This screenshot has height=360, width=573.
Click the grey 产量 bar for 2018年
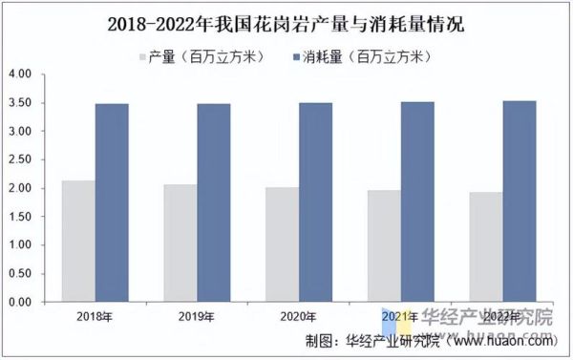click(78, 241)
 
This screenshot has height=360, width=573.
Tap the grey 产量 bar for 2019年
click(180, 243)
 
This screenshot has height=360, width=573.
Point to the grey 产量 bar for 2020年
click(282, 244)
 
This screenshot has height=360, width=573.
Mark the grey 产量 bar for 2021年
click(384, 245)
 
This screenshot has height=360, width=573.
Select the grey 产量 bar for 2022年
click(486, 246)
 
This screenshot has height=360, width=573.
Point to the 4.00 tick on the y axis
click(20, 74)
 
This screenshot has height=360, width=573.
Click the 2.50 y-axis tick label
click(20, 159)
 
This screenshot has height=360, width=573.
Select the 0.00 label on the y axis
click(20, 302)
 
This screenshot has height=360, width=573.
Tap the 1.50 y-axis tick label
click(20, 217)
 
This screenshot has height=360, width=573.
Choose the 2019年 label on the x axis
click(197, 316)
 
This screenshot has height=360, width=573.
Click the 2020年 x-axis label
click(299, 316)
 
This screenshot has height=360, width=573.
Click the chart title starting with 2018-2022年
click(286, 24)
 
